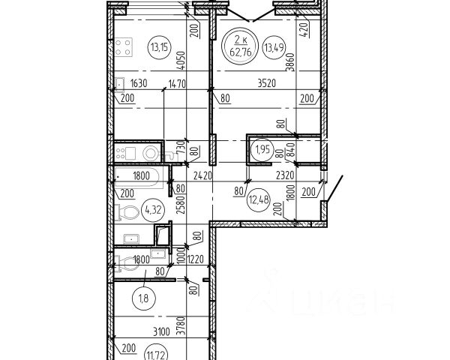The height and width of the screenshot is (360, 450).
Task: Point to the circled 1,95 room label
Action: [x=262, y=149]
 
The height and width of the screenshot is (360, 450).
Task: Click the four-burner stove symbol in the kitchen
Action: [x=124, y=49]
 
